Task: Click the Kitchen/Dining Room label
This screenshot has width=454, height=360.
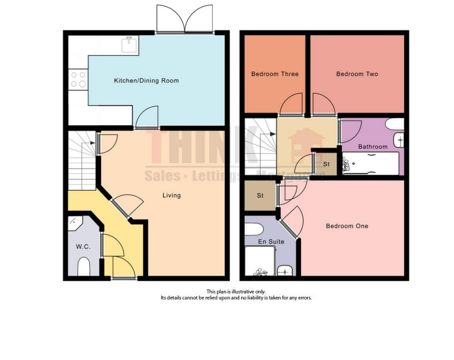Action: [146, 81]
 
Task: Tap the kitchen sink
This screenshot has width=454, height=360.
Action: [129, 44]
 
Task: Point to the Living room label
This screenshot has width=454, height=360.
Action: [172, 195]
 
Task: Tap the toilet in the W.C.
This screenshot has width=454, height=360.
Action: [84, 267]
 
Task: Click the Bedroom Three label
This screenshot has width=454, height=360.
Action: [275, 74]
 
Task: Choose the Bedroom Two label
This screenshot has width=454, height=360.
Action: [357, 74]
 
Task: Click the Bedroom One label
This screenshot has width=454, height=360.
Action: [347, 226]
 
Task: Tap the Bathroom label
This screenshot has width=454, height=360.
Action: [373, 147]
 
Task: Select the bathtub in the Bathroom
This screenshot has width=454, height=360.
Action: [370, 164]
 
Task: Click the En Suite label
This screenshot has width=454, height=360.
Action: [271, 242]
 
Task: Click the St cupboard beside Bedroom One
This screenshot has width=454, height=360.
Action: [260, 196]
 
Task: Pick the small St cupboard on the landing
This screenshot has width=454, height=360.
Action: [326, 164]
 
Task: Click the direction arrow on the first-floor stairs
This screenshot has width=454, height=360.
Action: [271, 134]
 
